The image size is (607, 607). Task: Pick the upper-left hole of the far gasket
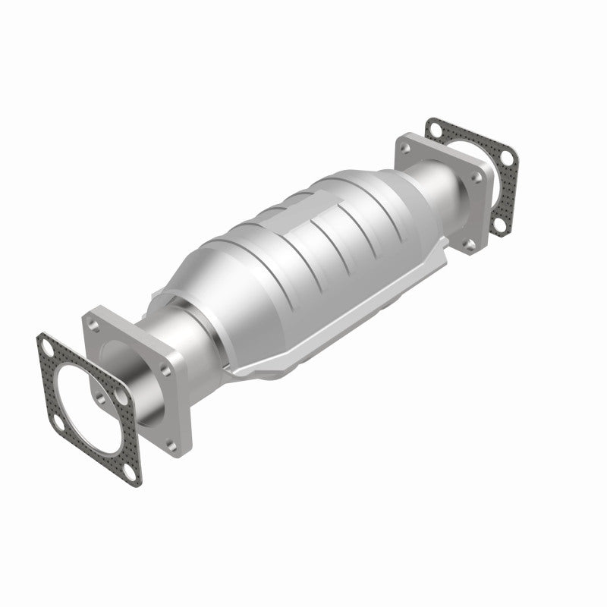click(436, 130)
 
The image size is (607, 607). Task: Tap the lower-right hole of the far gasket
click(500, 224)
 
